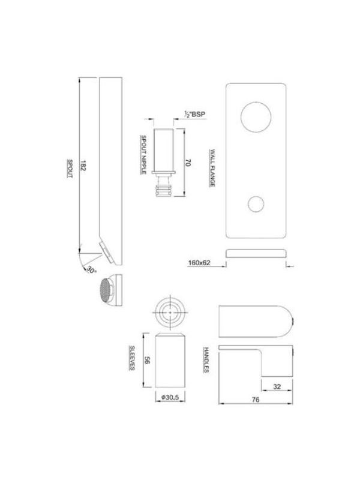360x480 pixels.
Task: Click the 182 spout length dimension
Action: point(83,166)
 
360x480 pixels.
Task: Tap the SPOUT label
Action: point(70,169)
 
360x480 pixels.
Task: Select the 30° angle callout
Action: point(91,270)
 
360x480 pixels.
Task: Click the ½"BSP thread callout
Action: point(195,114)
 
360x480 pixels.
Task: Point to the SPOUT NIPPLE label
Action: point(143,155)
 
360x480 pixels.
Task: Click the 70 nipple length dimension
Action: point(188,163)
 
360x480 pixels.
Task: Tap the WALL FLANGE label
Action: point(212,168)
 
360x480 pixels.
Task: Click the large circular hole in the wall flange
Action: point(256,117)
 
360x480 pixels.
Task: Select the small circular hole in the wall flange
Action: point(256,204)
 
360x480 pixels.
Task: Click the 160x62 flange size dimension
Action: point(199,263)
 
